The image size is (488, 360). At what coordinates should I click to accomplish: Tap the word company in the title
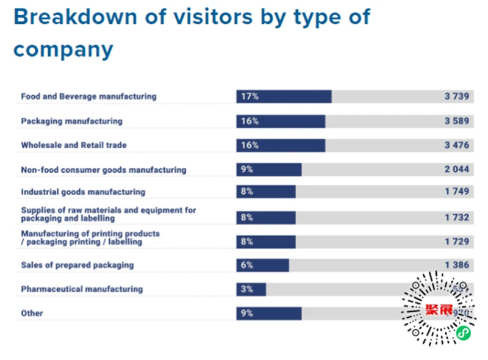click(x=63, y=49)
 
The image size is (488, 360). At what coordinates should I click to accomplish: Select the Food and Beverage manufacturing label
click(x=88, y=96)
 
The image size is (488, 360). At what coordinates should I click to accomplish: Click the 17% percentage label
click(x=249, y=96)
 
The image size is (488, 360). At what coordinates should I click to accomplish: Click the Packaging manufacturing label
click(x=71, y=121)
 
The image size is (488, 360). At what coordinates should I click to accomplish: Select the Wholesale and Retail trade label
click(x=73, y=145)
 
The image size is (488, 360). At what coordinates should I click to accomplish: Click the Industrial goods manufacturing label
click(x=83, y=192)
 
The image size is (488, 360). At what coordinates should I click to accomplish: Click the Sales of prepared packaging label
click(x=77, y=265)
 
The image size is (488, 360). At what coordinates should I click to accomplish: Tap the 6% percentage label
click(x=247, y=265)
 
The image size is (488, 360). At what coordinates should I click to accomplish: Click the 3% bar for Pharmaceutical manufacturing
click(x=251, y=289)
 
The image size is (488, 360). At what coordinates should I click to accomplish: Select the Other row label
click(x=32, y=314)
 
